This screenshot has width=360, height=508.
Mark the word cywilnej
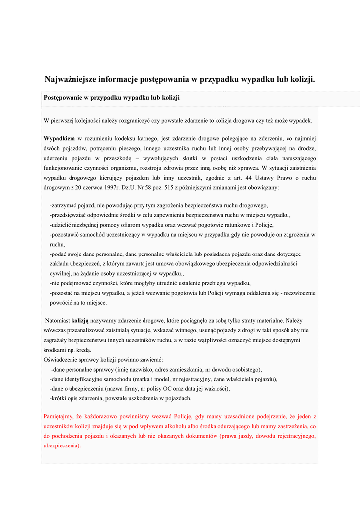61,273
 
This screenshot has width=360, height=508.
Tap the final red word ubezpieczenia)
62,445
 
